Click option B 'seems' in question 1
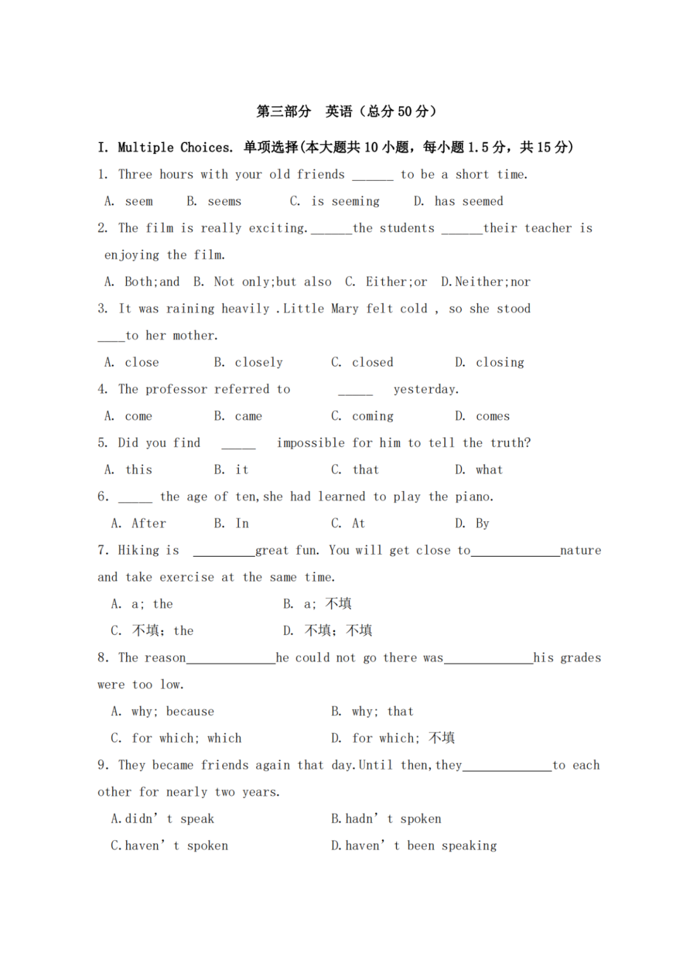click(x=224, y=201)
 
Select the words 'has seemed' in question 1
click(x=469, y=201)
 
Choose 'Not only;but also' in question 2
click(x=273, y=282)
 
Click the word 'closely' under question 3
click(x=259, y=362)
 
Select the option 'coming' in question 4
click(x=372, y=416)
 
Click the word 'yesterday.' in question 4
click(x=426, y=389)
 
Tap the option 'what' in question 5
click(x=489, y=470)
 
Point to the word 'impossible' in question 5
click(x=311, y=443)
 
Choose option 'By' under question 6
click(x=483, y=524)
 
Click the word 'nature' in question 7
click(x=581, y=550)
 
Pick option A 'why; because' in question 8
click(x=173, y=712)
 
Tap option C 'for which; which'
click(x=187, y=738)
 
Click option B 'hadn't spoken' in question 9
click(x=393, y=819)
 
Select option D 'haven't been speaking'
click(x=421, y=846)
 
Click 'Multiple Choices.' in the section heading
click(x=175, y=147)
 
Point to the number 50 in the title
click(x=405, y=111)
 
